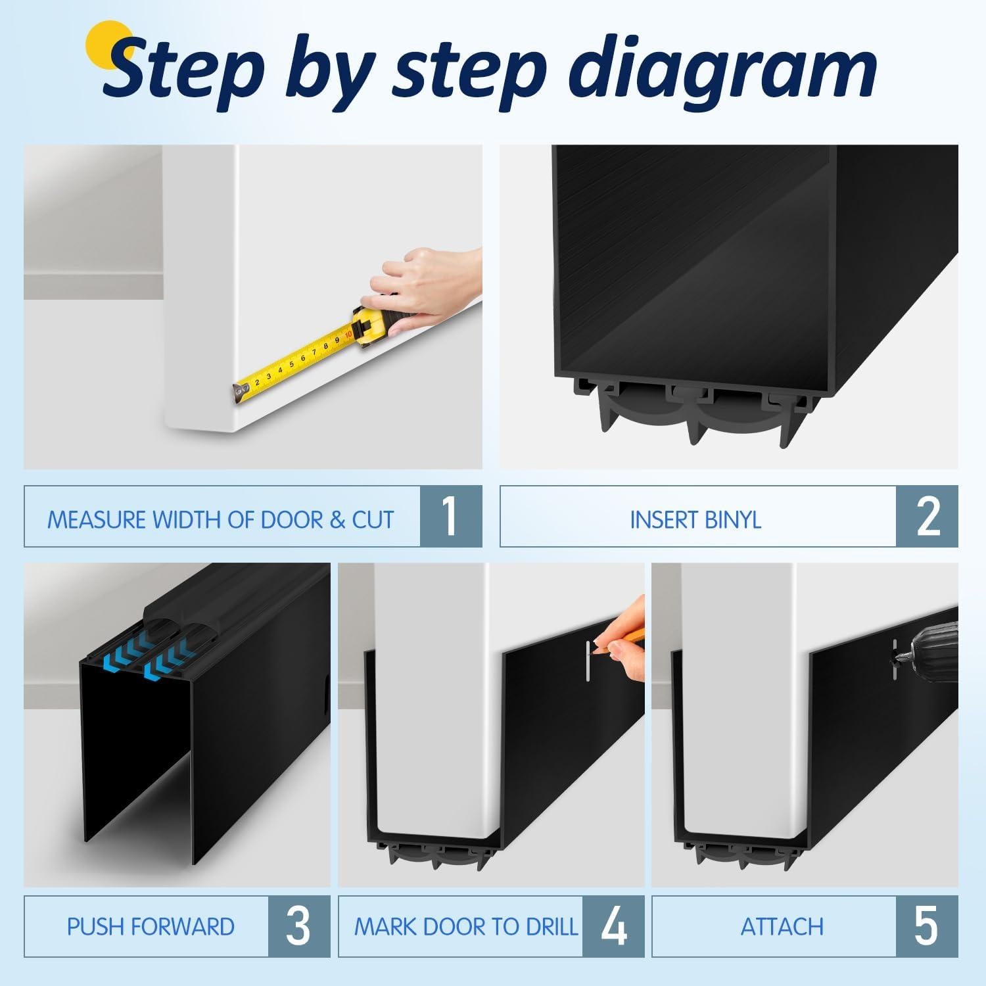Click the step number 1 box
pyautogui.click(x=451, y=517)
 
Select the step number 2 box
pyautogui.click(x=927, y=517)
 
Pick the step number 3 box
pyautogui.click(x=299, y=926)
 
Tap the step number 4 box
pyautogui.click(x=614, y=926)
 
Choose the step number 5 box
pyautogui.click(x=927, y=926)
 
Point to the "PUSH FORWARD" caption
pyautogui.click(x=151, y=927)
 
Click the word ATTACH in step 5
pyautogui.click(x=782, y=927)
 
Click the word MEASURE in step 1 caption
pyautogui.click(x=97, y=520)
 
